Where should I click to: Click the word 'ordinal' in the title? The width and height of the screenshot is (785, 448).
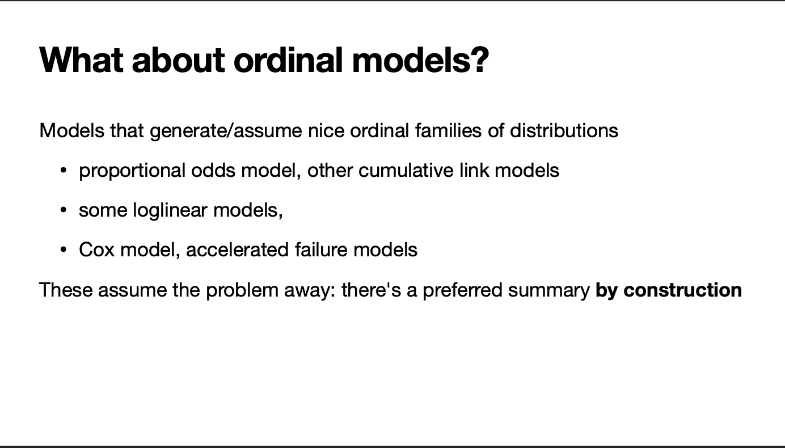coord(288,60)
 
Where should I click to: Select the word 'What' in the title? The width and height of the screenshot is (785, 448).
coord(81,60)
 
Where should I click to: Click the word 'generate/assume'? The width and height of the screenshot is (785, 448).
coord(226,131)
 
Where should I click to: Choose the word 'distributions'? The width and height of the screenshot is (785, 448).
coord(564,130)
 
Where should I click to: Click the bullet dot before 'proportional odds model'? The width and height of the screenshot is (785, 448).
coord(64,171)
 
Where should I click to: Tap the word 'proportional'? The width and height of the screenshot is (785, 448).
coord(132,171)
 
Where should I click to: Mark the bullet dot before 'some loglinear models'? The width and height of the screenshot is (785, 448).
coord(64,210)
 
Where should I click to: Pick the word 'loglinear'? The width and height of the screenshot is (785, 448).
coord(170,211)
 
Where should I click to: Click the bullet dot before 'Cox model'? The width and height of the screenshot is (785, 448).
coord(64,250)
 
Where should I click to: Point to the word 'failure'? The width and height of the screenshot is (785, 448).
coord(322,250)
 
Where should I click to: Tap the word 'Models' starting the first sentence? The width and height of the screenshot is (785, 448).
coord(72,130)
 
